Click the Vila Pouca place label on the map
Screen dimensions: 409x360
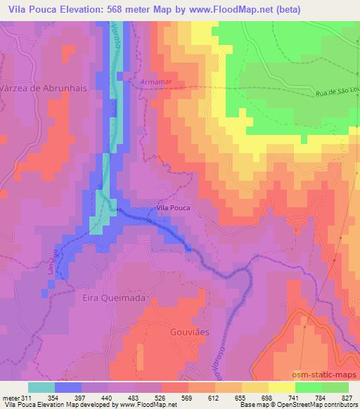click(172, 208)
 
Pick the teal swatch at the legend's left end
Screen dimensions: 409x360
click(41, 387)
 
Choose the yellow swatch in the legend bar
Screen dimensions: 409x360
click(281, 387)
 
